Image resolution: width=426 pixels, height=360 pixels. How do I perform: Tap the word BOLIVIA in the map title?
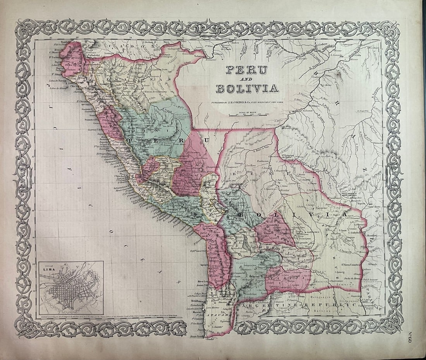pos(247,88)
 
